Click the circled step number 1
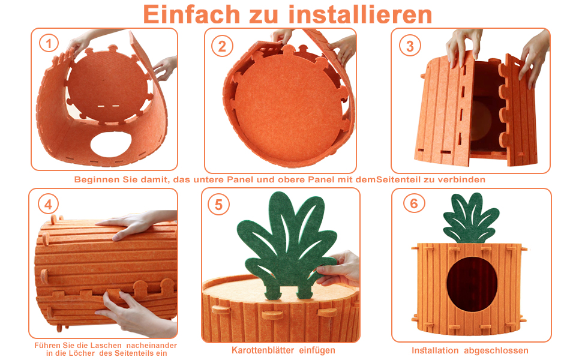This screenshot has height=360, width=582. coord(49,44)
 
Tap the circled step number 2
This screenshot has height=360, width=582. coord(222,46)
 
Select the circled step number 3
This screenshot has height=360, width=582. coord(410,46)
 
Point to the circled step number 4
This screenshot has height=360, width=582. coord(48,204)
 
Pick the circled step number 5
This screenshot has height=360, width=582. coord(218,205)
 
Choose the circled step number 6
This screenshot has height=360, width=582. coord(414,203)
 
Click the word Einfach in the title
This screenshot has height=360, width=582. coord(191,15)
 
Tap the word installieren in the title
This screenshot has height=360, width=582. coord(361,15)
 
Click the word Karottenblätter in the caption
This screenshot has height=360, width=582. coord(263,350)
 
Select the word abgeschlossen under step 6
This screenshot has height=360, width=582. coord(496,350)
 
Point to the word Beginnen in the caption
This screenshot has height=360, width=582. coord(96,179)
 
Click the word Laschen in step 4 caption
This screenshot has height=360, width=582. coord(105,345)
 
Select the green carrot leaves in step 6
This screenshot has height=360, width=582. coord(472,218)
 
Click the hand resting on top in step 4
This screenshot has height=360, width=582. coord(136,223)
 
